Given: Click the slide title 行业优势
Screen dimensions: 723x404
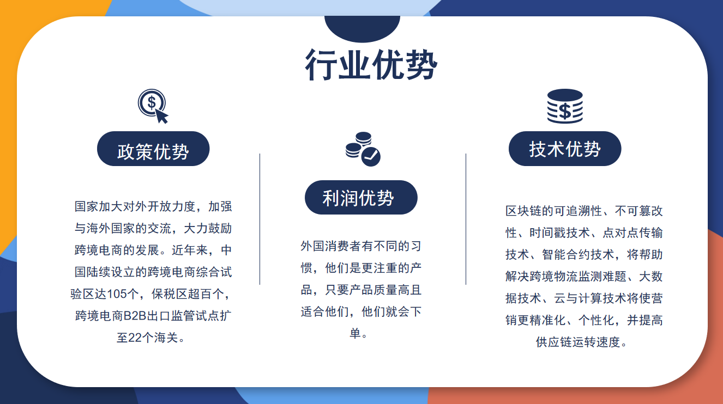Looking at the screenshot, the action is pos(371,64).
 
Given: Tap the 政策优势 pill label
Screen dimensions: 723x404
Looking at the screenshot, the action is pos(153,149).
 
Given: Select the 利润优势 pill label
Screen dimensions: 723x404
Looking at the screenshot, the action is pos(361,197).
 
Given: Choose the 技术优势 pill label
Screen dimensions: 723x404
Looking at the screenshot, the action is pos(565,149).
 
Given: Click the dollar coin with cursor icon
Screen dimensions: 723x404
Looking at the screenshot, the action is pos(153,106).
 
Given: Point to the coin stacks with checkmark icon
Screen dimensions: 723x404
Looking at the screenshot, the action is pos(363,149).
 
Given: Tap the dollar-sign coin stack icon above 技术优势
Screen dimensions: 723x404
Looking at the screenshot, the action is pos(565,106).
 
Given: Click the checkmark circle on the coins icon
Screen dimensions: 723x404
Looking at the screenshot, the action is pos(371,157).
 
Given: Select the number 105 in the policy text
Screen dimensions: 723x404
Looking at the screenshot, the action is pos(117,293).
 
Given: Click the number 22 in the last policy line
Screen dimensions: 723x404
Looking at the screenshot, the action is pos(135,338).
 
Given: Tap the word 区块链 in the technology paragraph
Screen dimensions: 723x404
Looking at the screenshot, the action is pos(523,211).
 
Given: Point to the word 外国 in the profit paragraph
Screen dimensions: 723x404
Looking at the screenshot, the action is pos(312,246).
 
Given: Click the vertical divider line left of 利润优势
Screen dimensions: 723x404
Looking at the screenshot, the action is pos(260,219).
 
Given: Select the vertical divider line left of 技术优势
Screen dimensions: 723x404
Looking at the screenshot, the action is pos(466,219).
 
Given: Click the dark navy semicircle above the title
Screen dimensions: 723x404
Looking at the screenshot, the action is pos(362,27).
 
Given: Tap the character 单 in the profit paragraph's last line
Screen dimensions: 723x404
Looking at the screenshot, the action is pos(356,333).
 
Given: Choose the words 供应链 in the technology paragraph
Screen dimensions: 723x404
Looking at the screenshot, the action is pos(554,342).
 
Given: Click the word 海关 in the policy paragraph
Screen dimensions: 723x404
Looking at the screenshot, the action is pos(166,338).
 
